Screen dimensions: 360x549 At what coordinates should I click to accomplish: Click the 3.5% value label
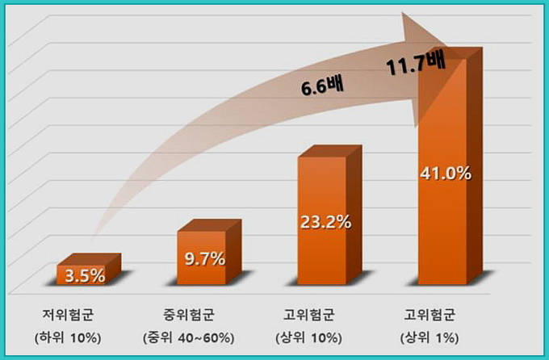point(86,275)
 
